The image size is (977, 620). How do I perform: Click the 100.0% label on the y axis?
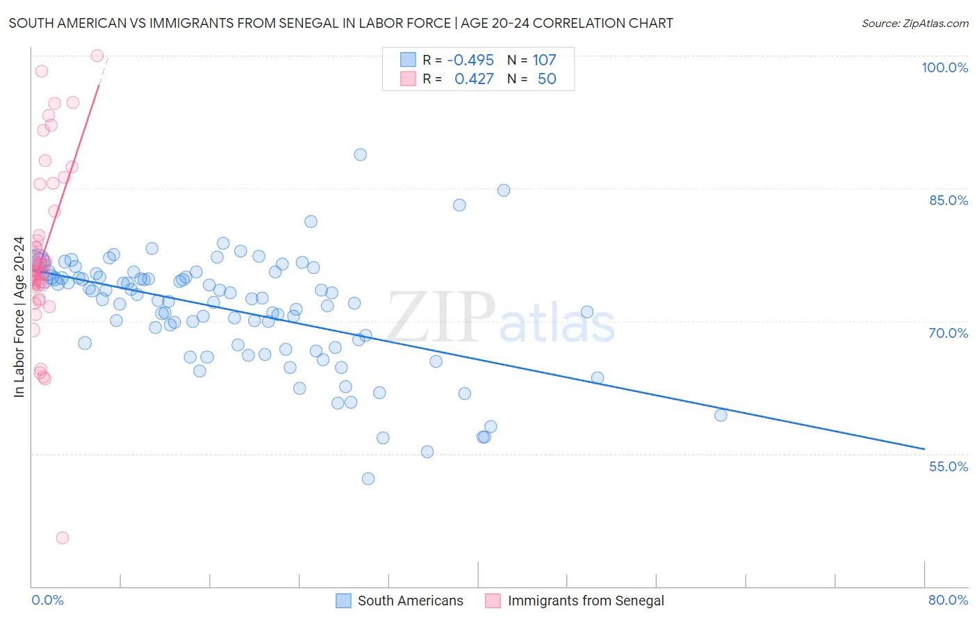pos(944,67)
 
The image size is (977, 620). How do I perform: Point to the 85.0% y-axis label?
pos(949,200)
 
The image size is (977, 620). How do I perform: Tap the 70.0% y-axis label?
pos(949,333)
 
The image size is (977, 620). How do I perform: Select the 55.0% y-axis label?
pos(949,466)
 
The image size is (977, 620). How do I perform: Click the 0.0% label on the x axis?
pos(47,600)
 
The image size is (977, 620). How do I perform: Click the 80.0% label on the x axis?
pos(948,600)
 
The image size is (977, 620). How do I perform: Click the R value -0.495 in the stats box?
pos(470,60)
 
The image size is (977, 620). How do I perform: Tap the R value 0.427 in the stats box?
pos(474,79)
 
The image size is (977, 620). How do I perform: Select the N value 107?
pos(544,60)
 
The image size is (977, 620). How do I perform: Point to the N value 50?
pos(547,79)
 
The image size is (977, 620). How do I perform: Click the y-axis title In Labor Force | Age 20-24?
pos(19,317)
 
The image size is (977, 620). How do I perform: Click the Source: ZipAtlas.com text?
pos(914,24)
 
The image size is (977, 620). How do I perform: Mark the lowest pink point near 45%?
pos(63,538)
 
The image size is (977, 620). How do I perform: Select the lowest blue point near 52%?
pos(368,479)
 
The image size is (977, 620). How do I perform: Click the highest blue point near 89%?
pos(360,155)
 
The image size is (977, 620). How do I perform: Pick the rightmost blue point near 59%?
pos(721,416)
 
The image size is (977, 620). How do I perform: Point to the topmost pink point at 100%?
pos(97,56)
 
